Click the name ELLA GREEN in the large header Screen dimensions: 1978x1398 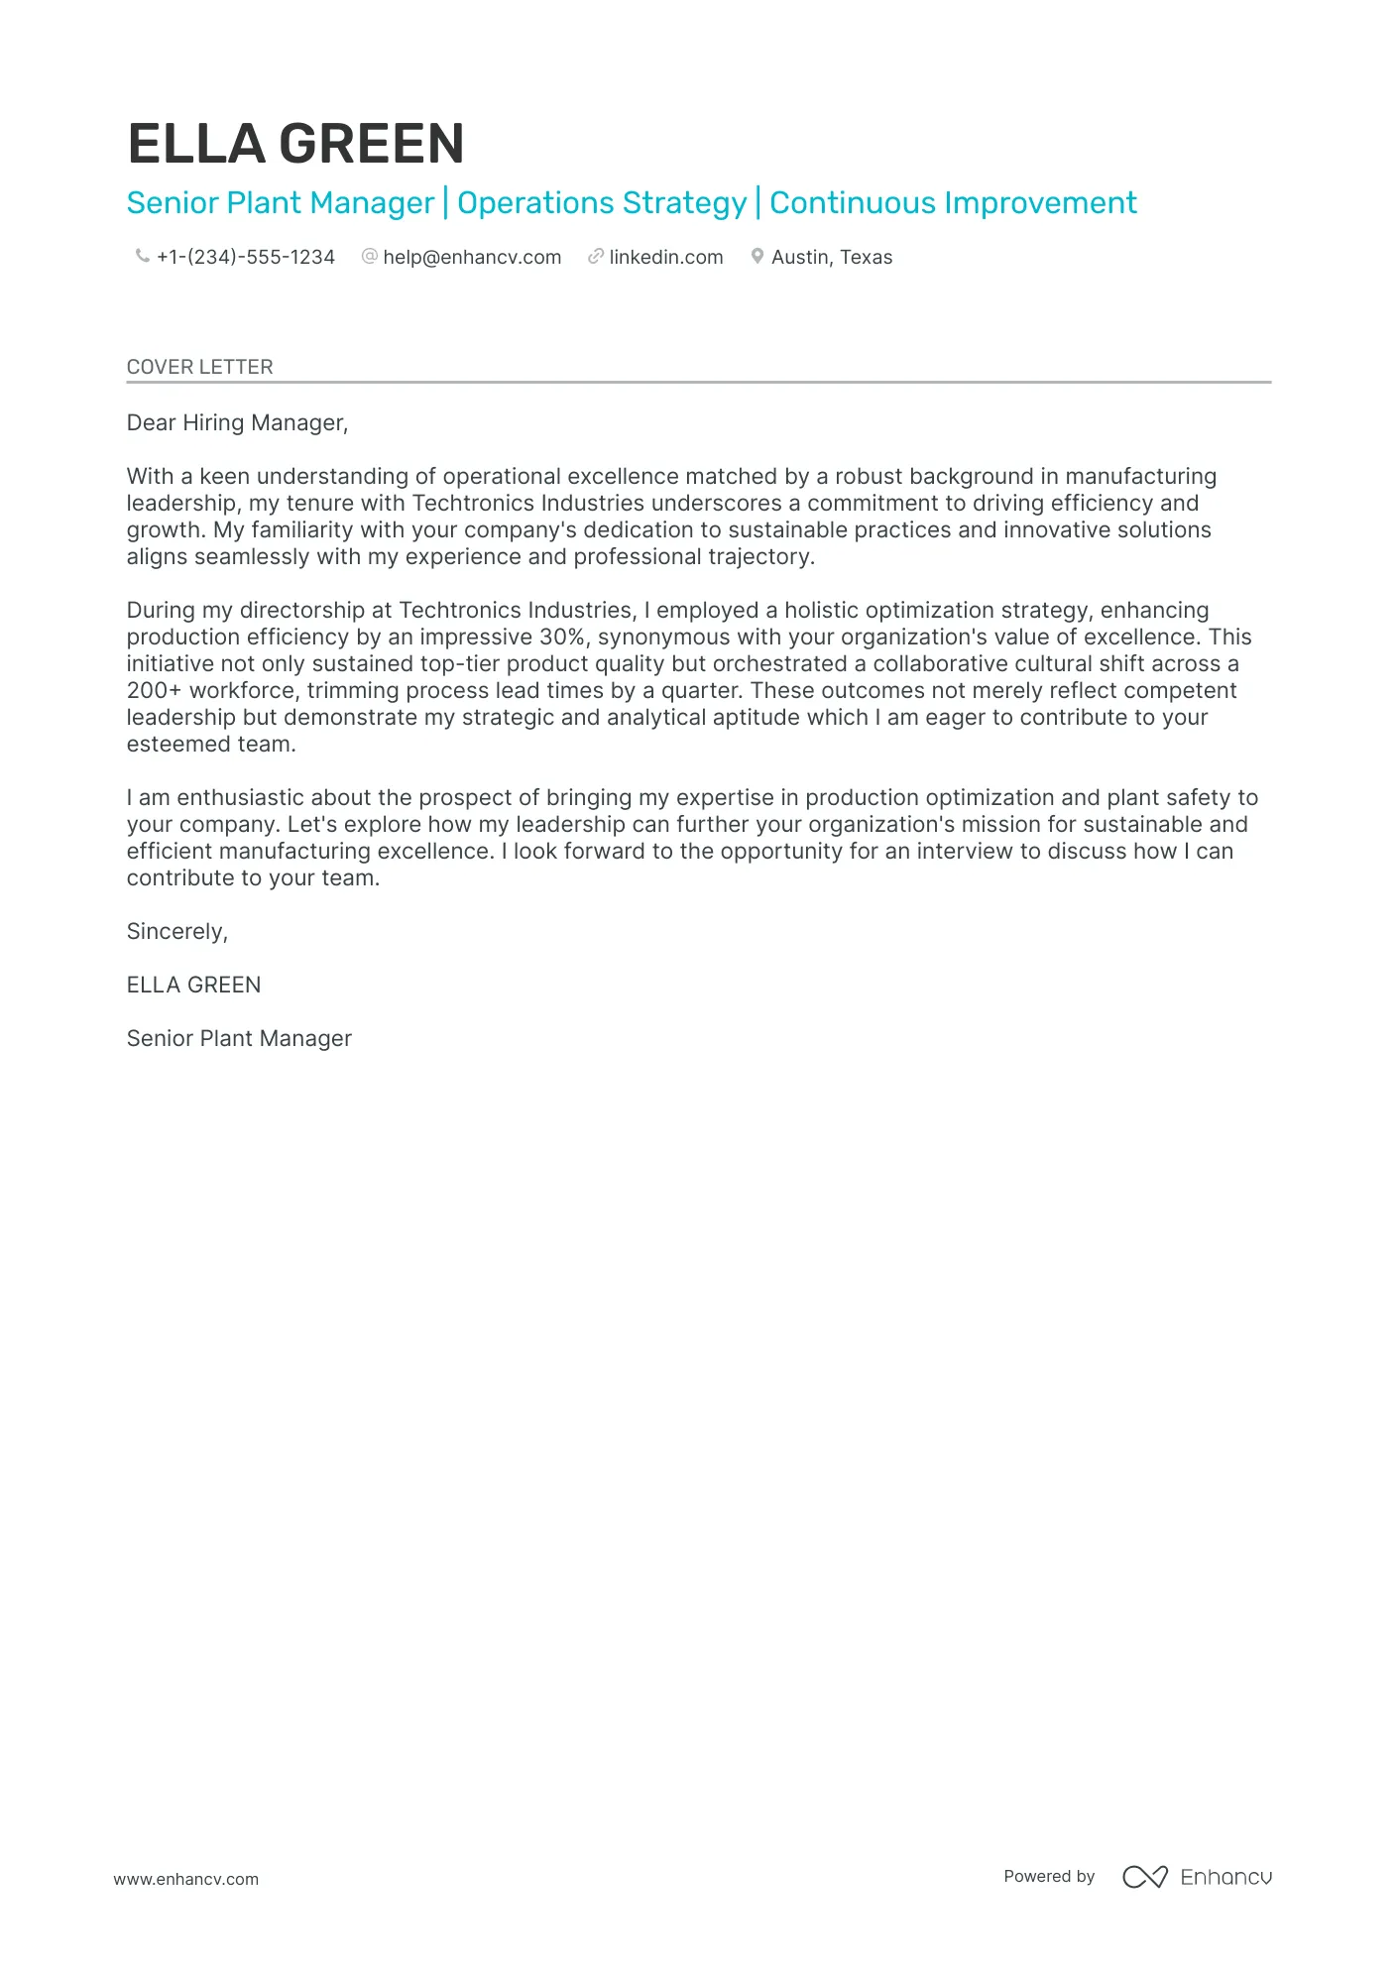click(x=295, y=144)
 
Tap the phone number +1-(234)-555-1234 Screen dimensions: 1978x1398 click(x=245, y=257)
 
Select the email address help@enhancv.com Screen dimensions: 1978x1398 click(x=472, y=257)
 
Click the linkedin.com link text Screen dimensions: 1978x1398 click(x=665, y=257)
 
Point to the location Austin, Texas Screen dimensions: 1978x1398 click(x=831, y=257)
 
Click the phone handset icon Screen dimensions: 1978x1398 click(x=142, y=256)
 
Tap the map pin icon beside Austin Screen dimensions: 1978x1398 click(x=757, y=256)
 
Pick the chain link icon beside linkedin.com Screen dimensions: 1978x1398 click(x=595, y=256)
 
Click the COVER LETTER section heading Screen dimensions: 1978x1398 click(x=199, y=367)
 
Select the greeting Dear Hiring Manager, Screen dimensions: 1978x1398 click(x=237, y=422)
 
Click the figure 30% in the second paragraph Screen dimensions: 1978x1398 click(x=561, y=637)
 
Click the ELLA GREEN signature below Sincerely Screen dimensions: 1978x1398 click(x=193, y=985)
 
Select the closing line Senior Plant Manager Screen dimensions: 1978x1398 click(x=239, y=1038)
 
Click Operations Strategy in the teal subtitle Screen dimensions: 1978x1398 click(x=601, y=202)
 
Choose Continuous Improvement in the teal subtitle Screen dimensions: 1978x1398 click(x=952, y=202)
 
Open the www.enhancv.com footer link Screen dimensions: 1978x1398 click(x=185, y=1879)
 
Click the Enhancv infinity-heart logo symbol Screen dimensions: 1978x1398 click(x=1144, y=1876)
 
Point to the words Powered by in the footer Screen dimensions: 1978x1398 click(x=1048, y=1876)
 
